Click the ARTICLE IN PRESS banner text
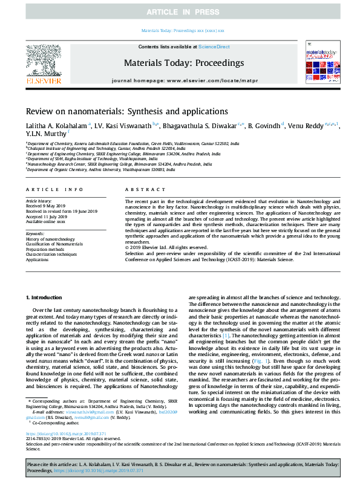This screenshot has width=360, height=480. point(180,11)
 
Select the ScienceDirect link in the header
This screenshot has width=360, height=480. point(214,46)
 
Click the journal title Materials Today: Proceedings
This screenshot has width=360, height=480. point(184,62)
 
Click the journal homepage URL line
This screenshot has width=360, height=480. point(184,80)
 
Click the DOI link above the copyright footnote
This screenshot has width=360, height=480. point(67,434)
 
